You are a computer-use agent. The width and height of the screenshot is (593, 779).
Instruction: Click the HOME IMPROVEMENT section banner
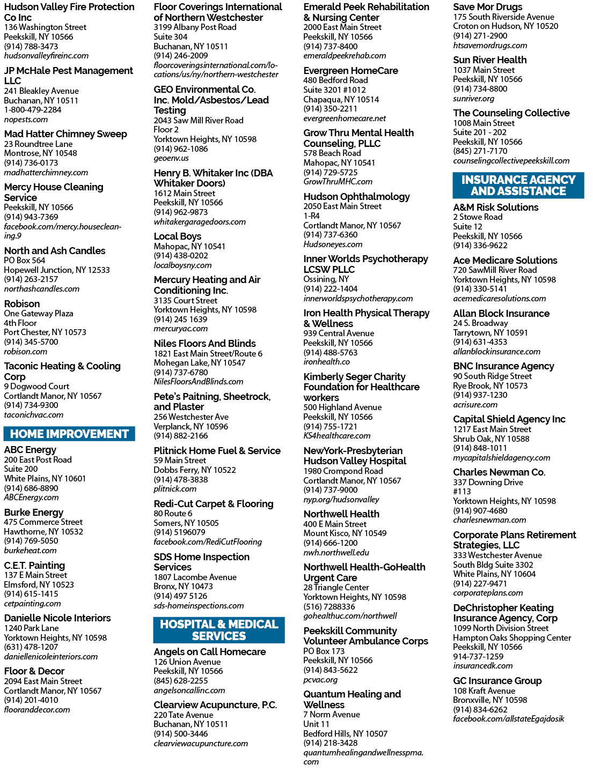tap(69, 434)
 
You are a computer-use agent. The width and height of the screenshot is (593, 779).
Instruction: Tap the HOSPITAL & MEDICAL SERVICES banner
tap(219, 630)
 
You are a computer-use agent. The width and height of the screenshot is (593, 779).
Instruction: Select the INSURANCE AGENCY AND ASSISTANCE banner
tap(518, 186)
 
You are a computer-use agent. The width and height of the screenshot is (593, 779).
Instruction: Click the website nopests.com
tap(26, 120)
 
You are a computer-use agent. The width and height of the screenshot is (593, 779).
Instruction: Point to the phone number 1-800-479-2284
tap(33, 110)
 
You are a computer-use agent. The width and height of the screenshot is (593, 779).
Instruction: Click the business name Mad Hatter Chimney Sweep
tap(65, 134)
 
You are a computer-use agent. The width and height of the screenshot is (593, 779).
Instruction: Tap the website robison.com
tap(26, 352)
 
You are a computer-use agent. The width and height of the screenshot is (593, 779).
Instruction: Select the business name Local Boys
tap(178, 236)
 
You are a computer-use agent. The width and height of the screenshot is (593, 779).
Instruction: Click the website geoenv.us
tap(171, 158)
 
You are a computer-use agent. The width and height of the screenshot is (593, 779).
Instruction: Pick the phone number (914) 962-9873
tap(181, 212)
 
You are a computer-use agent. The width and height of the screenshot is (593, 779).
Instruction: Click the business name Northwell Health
tap(341, 514)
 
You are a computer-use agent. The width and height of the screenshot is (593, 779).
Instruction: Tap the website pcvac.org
tap(320, 680)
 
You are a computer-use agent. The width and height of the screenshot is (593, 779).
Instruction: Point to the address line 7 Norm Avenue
tap(332, 714)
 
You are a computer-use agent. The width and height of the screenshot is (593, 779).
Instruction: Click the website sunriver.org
tap(474, 99)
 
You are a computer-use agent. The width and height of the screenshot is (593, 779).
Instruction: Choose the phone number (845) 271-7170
tap(480, 151)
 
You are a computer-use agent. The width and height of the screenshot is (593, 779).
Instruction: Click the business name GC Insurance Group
tap(497, 681)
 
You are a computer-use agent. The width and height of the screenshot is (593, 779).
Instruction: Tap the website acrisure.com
tap(475, 405)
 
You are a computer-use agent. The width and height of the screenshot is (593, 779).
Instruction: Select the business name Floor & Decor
tap(34, 671)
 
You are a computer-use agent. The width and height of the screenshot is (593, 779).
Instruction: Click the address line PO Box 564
tap(25, 260)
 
